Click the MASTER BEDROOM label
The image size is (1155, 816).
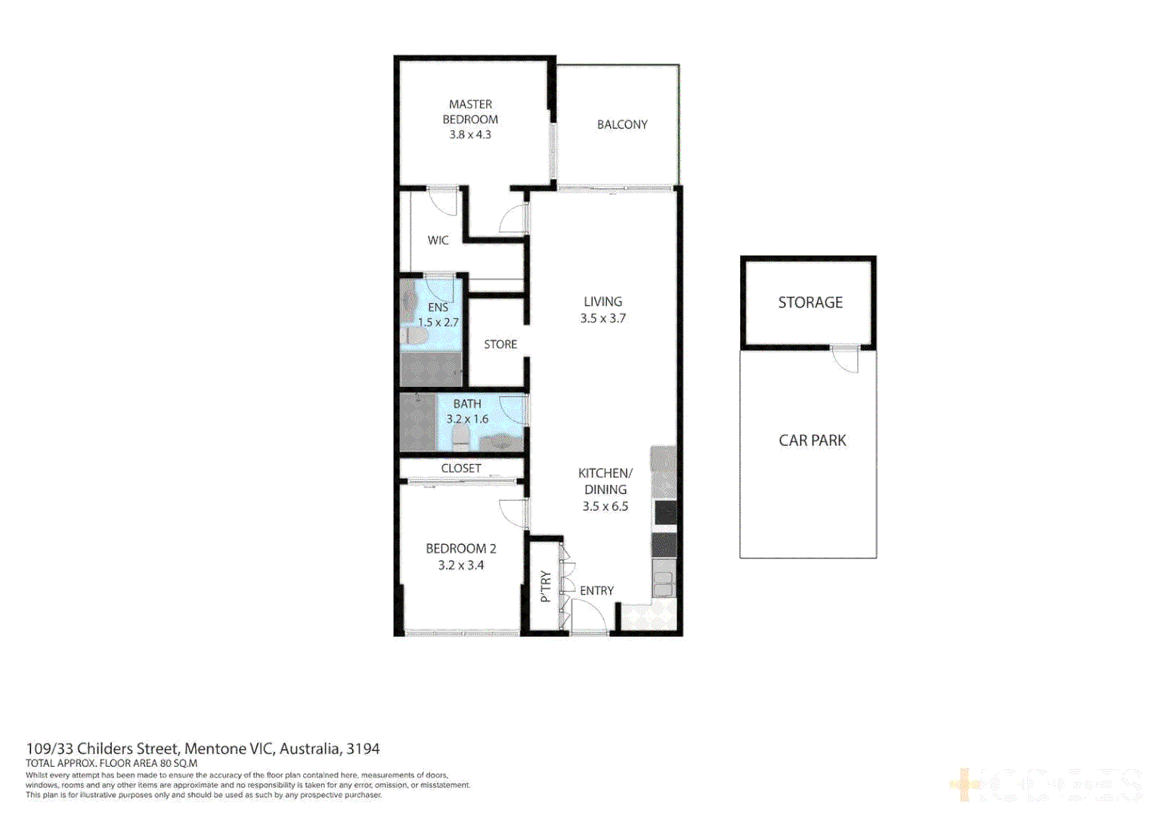coord(470,112)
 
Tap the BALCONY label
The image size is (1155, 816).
coord(622,125)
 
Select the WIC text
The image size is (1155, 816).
coord(438,240)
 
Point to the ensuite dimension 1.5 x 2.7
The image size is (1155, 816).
coord(438,323)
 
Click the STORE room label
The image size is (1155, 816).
coord(500,345)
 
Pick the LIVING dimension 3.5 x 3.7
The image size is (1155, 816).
coord(603,319)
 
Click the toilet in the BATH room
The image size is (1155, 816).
coord(460,436)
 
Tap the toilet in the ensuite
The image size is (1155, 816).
coord(413,335)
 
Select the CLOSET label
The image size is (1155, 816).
coord(461,468)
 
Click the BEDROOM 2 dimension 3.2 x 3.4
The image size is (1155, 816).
coord(461,565)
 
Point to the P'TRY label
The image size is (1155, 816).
coord(546,586)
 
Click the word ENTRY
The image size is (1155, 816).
coord(596,591)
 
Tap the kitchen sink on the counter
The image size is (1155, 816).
coord(664,584)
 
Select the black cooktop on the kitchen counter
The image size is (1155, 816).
coord(664,513)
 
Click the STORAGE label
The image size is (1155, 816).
coord(810,302)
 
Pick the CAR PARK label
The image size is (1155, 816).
coord(813,440)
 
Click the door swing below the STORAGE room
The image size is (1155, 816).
coord(846,360)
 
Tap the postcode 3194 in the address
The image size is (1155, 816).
coord(363,749)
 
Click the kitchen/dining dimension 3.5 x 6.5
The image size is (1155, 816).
coord(605,507)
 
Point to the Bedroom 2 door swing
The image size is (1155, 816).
coord(514,513)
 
